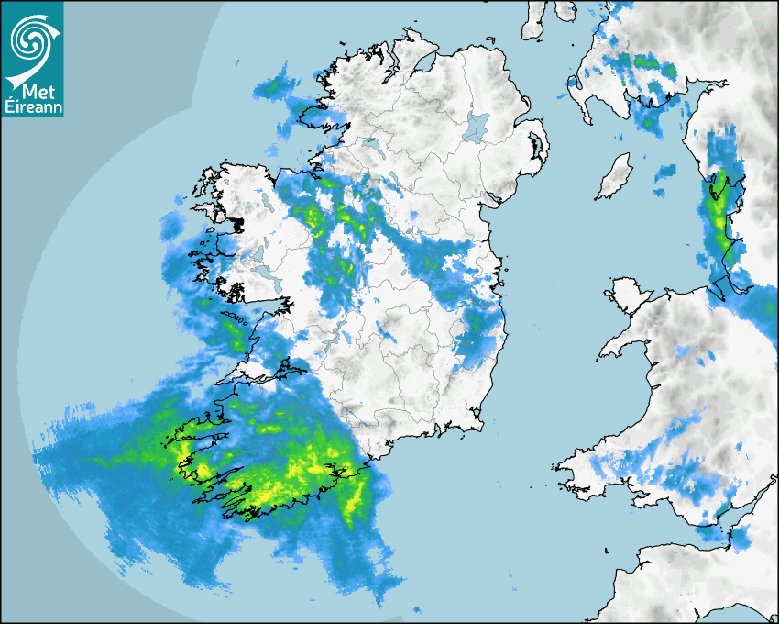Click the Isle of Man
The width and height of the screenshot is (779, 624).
pos(615,176)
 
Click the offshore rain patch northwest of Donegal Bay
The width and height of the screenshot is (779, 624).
pos(275,86)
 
